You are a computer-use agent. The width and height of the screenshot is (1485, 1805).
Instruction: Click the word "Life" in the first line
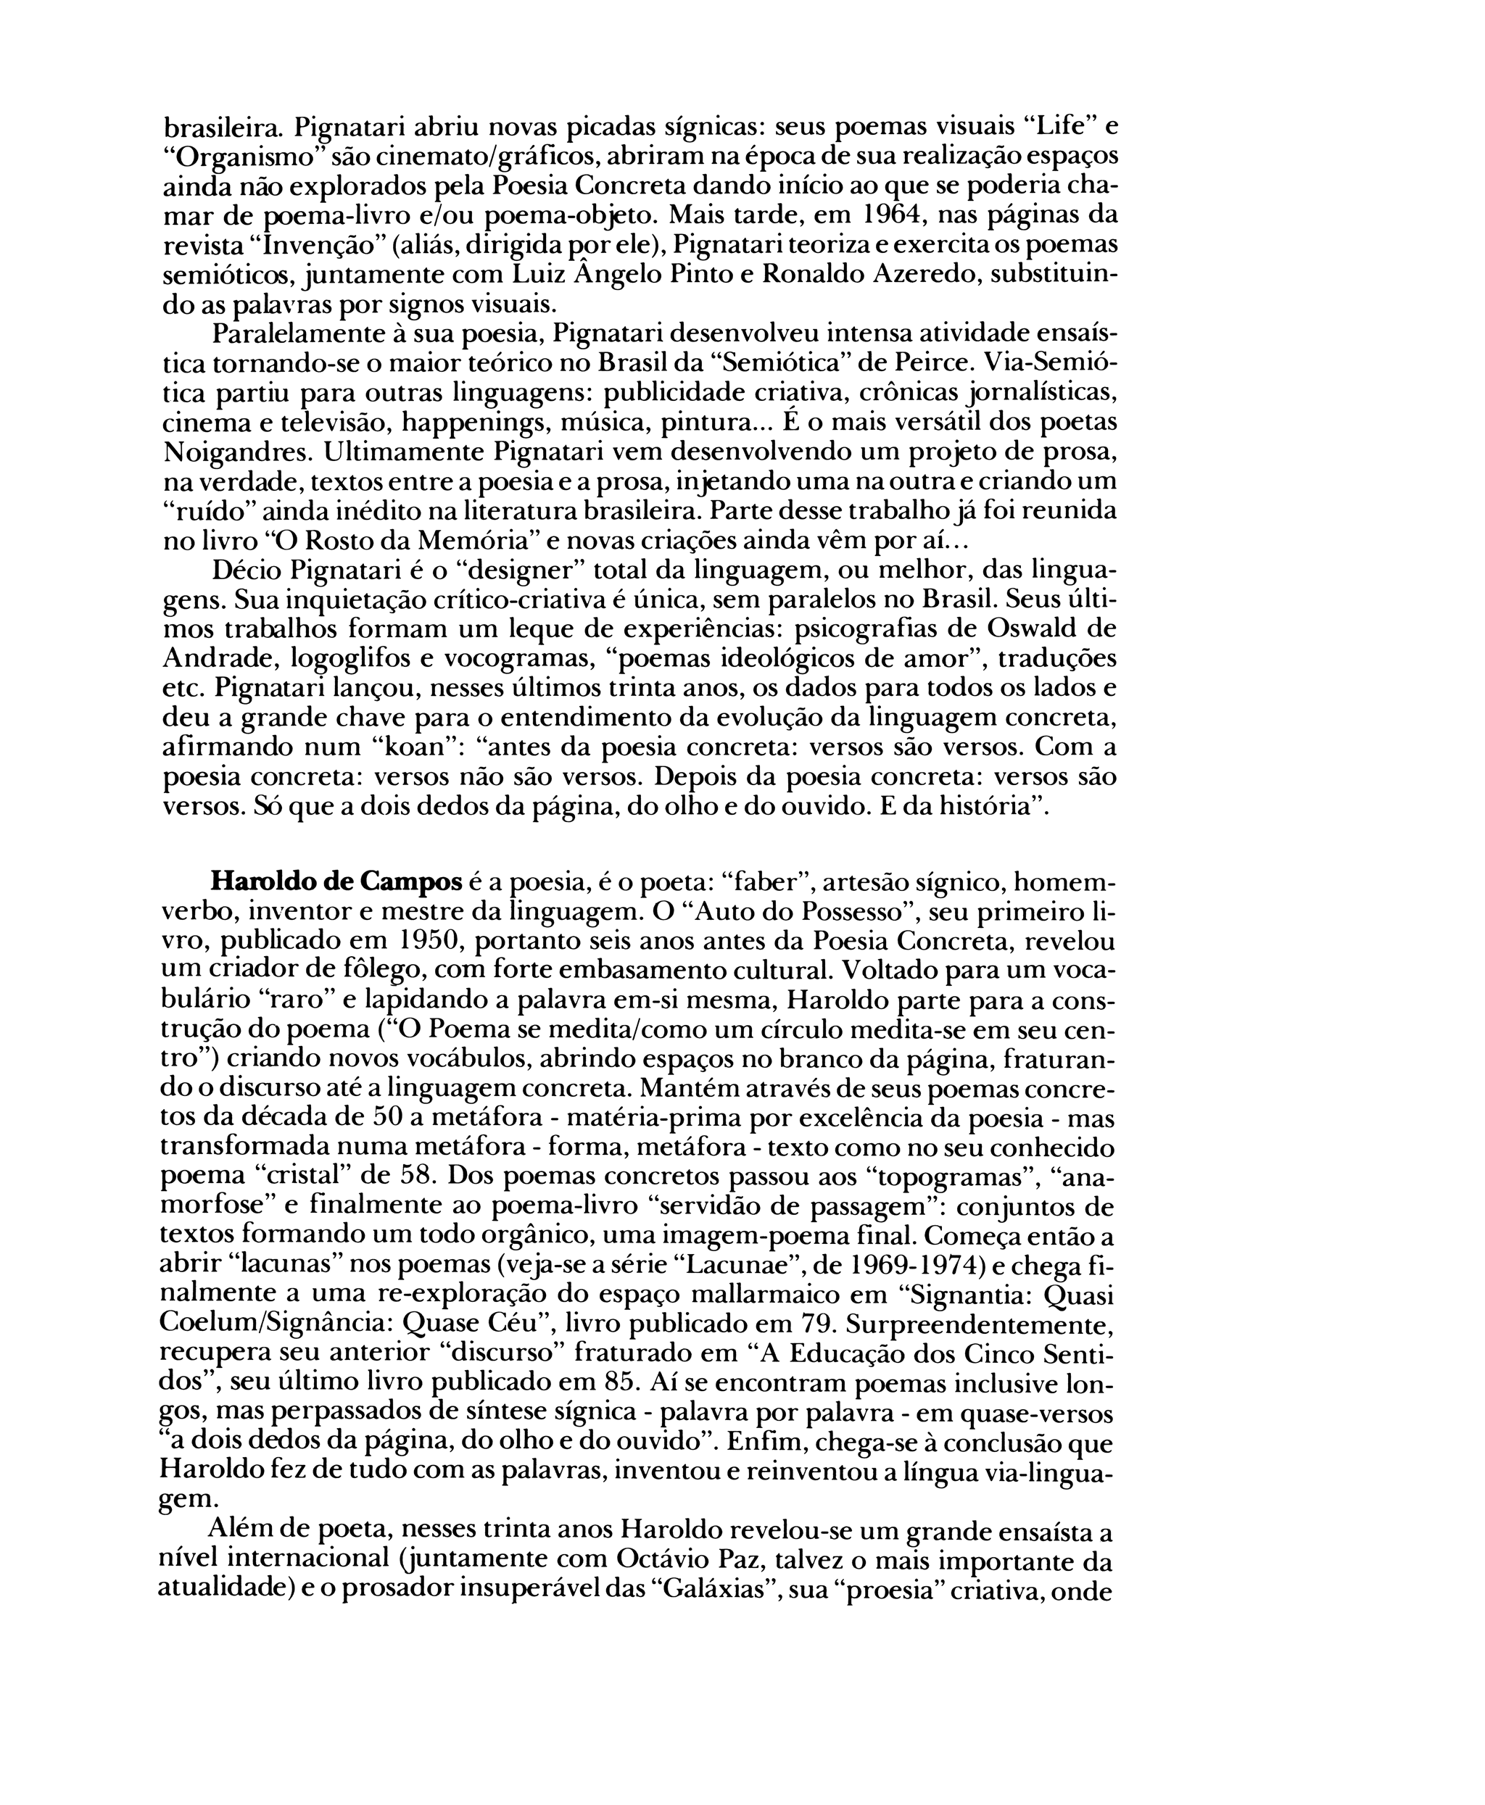pyautogui.click(x=1061, y=128)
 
